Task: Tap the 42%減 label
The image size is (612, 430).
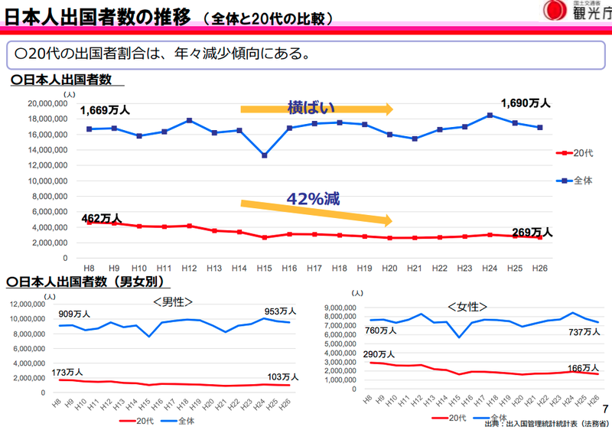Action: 313,197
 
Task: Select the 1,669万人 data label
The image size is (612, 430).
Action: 104,110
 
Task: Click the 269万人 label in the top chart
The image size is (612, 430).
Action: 532,232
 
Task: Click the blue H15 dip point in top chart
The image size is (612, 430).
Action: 264,155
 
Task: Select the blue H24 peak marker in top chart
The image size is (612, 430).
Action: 490,116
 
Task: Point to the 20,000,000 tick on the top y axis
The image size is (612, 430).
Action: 47,103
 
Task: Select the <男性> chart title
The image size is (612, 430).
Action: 172,301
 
